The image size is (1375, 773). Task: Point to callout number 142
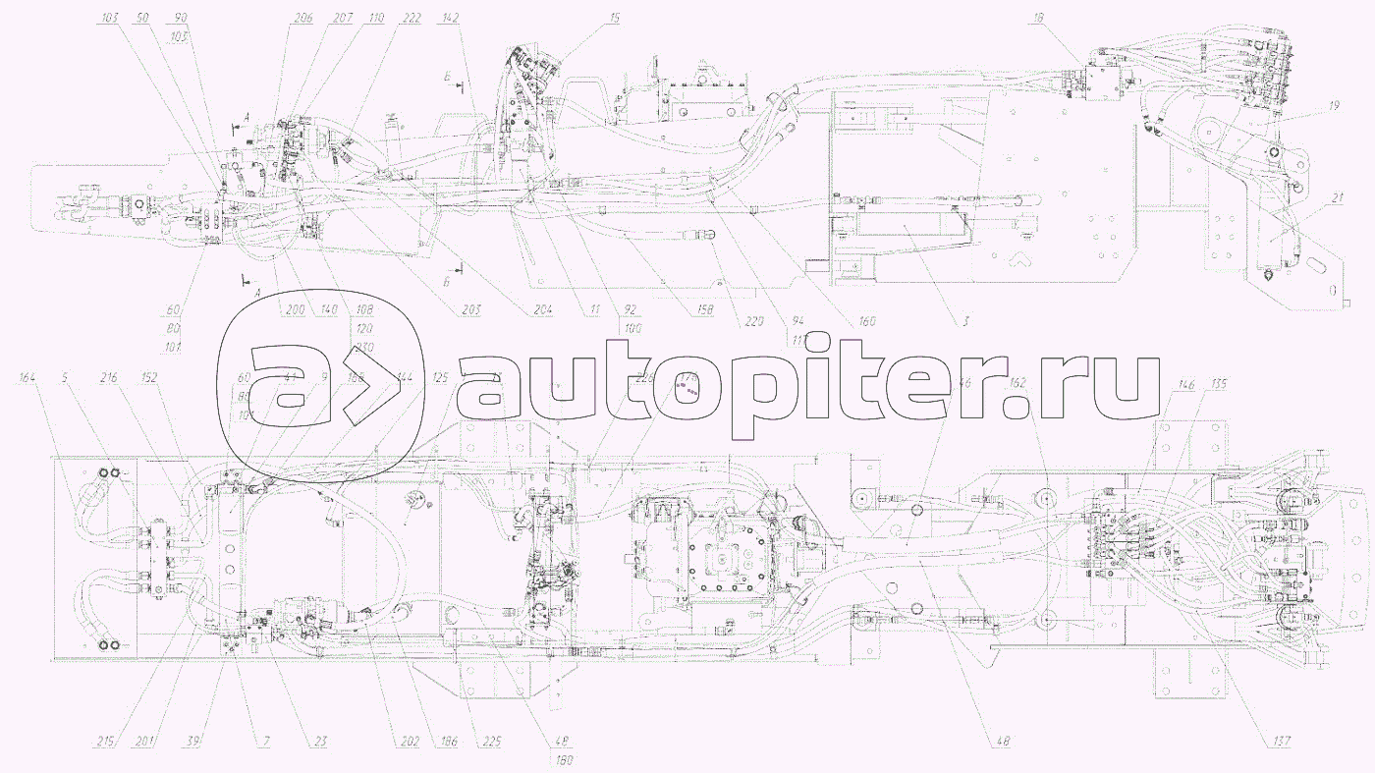[x=451, y=19]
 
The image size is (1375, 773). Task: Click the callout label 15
[x=586, y=19]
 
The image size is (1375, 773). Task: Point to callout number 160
[x=865, y=321]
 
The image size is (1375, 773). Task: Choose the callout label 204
[x=543, y=309]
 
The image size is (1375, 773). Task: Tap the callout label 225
[x=490, y=742]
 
